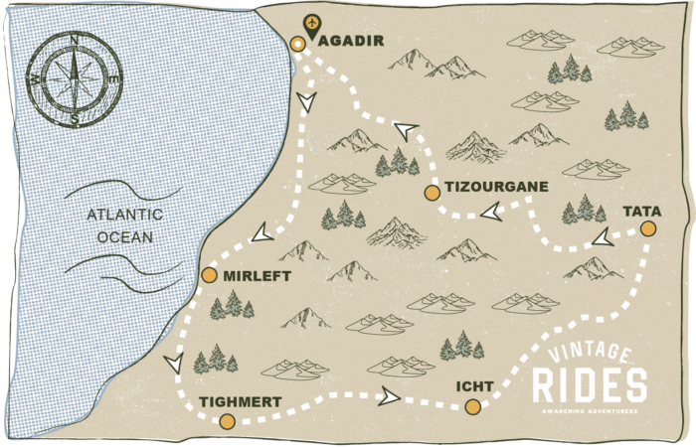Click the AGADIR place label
tap(350, 41)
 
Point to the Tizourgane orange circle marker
tap(432, 193)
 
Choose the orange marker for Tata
tap(648, 229)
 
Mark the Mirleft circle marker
tap(209, 275)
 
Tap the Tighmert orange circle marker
tap(227, 421)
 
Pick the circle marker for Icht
tap(472, 406)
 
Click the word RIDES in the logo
tap(589, 385)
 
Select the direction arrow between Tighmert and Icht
tap(389, 396)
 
